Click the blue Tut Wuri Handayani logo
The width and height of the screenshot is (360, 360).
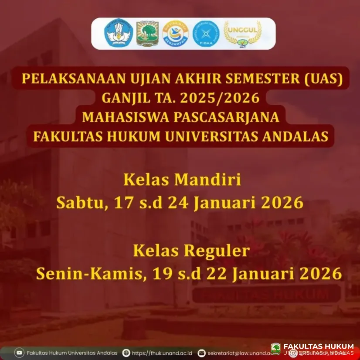(x=118, y=34)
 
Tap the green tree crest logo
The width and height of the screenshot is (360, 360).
(x=147, y=34)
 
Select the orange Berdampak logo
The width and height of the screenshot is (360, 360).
(x=176, y=34)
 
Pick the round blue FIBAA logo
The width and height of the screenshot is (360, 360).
(x=206, y=34)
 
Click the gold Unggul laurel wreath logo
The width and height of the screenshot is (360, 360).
(x=243, y=34)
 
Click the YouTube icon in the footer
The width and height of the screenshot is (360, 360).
(x=20, y=353)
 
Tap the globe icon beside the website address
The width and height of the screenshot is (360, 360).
(x=126, y=353)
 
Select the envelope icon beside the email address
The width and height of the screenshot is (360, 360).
(x=202, y=353)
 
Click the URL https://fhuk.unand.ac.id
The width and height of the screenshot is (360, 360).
(x=162, y=353)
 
